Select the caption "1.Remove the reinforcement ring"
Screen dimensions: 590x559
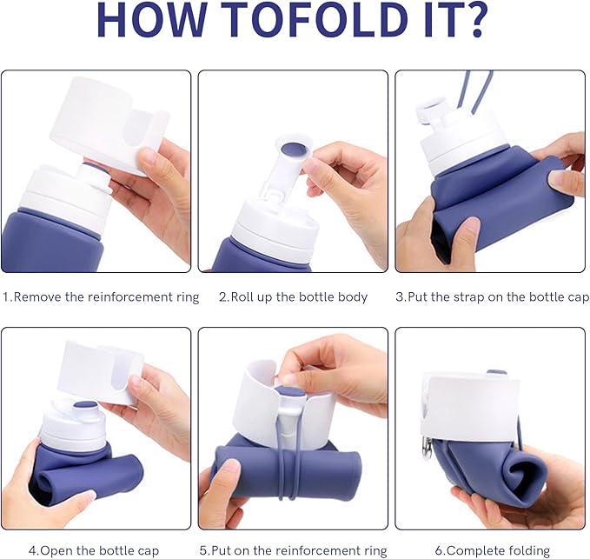(x=101, y=297)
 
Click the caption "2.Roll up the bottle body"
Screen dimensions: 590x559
(x=293, y=297)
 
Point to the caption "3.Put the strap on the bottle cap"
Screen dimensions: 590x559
(x=492, y=297)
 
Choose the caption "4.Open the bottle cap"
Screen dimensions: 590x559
(x=94, y=551)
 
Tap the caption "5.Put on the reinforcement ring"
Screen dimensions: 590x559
(x=293, y=551)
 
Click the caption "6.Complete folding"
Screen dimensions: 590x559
(x=492, y=551)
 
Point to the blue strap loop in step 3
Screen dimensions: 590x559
(x=476, y=91)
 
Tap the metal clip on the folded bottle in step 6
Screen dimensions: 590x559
(x=427, y=449)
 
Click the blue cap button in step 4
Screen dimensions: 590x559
(x=86, y=406)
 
